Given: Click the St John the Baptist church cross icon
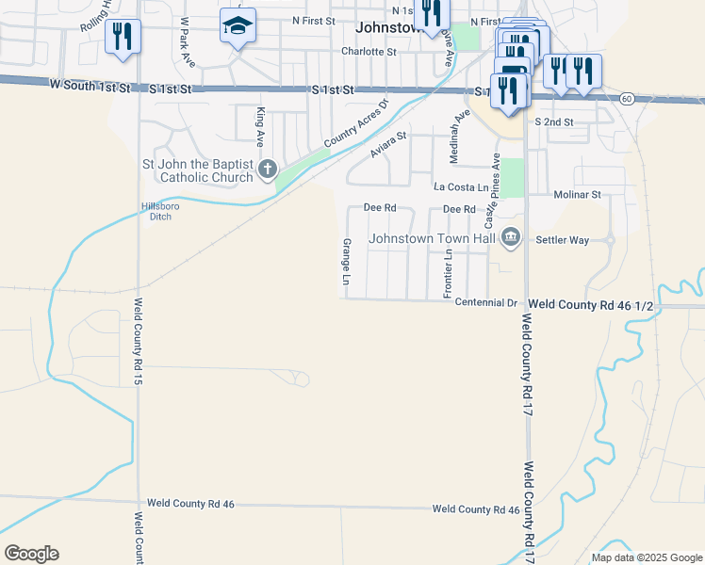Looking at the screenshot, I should click(x=267, y=169).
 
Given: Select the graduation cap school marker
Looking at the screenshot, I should click(x=238, y=26).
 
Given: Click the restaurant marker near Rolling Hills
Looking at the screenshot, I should click(x=123, y=36).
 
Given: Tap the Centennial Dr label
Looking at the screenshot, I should click(x=486, y=303).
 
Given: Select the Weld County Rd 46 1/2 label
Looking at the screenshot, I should click(x=591, y=304).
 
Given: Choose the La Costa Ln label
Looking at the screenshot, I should click(x=461, y=187).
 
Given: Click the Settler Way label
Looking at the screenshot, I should click(x=562, y=240).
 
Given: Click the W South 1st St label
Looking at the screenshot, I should click(x=89, y=87).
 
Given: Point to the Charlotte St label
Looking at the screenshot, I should click(x=369, y=52).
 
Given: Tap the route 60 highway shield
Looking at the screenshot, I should click(x=626, y=98).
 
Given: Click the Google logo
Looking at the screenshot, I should click(x=31, y=554).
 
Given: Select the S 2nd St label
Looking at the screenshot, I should click(x=553, y=122).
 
